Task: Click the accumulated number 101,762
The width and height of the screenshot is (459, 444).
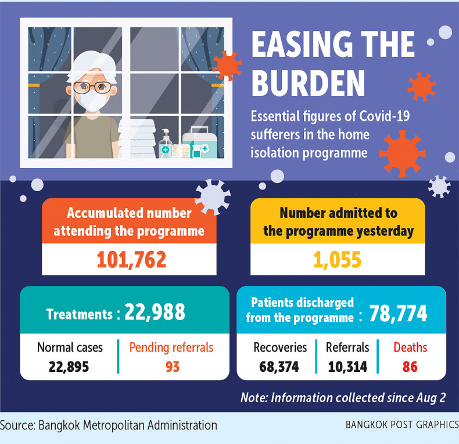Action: pos(128,259)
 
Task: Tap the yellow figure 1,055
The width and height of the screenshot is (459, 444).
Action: pos(338,259)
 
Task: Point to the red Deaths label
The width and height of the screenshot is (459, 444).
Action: pos(410,348)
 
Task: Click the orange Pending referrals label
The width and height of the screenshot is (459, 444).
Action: pos(171,348)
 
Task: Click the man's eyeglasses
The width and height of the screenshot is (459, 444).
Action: pos(92,88)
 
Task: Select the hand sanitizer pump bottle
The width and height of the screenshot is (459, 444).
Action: pos(166,145)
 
